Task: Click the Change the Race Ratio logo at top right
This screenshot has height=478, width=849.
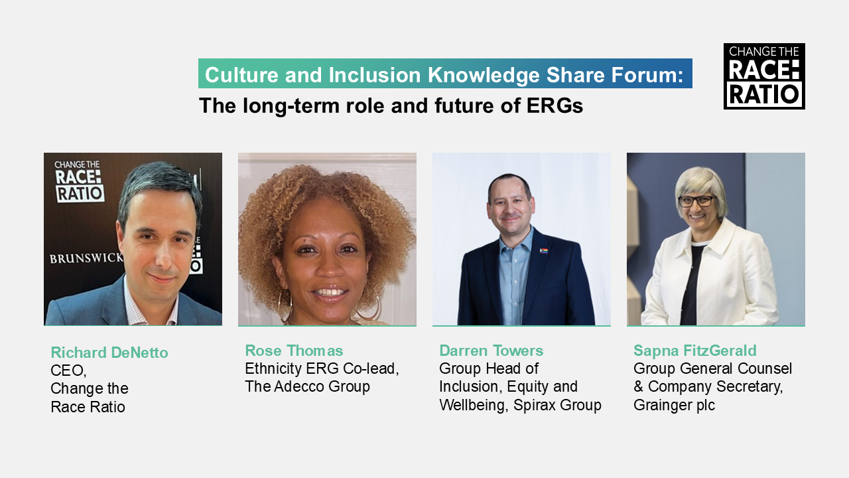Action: tap(764, 76)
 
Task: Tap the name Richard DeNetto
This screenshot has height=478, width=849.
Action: tap(109, 353)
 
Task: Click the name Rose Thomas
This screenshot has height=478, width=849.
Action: tap(294, 351)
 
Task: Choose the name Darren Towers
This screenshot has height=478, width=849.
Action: tap(491, 351)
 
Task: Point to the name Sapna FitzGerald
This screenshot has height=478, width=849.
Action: tap(695, 351)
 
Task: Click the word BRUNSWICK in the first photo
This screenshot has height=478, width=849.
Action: tap(86, 258)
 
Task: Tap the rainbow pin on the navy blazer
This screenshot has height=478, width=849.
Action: tap(543, 250)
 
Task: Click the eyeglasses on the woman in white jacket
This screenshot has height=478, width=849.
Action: tap(696, 200)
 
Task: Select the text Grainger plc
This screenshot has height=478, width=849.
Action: tap(675, 405)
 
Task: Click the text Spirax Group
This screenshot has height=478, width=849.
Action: tap(557, 405)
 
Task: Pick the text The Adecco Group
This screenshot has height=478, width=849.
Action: tap(307, 386)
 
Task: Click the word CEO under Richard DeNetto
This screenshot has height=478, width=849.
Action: tap(68, 370)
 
